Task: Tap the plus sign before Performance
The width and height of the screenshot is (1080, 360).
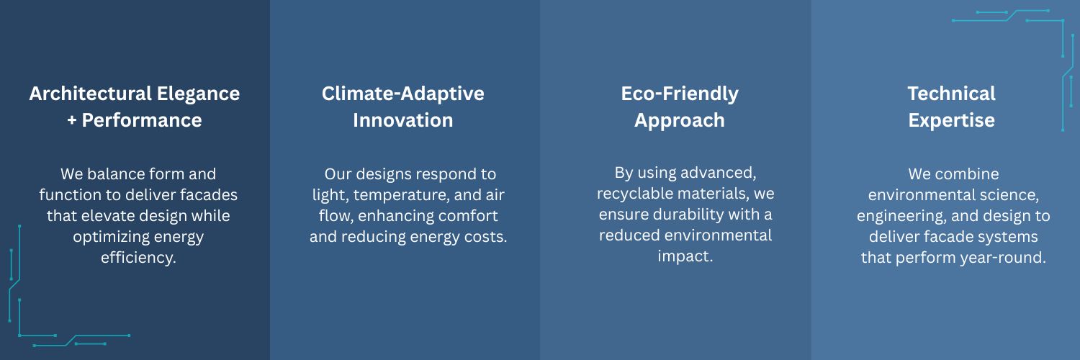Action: tap(72, 120)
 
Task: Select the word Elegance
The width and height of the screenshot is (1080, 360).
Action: tap(198, 94)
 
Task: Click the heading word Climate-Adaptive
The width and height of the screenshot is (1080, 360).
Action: tap(403, 94)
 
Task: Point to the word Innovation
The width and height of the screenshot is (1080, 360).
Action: tap(403, 120)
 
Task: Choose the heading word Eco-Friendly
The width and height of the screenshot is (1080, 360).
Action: tap(680, 94)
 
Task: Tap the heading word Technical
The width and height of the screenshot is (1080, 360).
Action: tap(952, 94)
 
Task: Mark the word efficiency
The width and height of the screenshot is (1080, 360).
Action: tap(138, 258)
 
